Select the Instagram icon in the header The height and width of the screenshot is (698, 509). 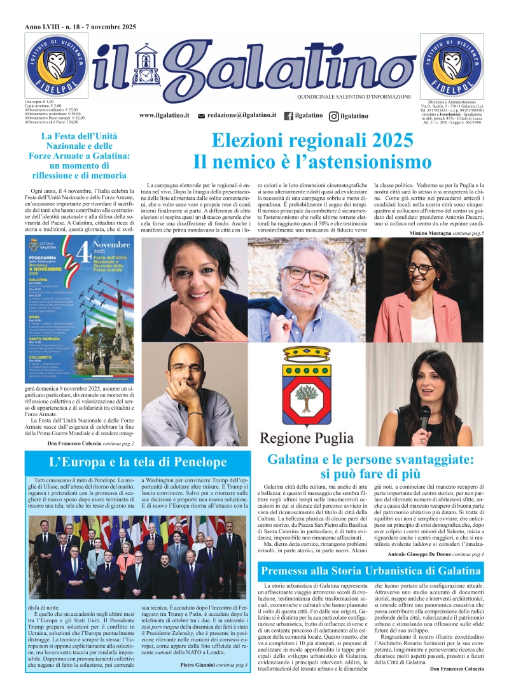point(334,116)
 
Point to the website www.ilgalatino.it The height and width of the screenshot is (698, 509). point(165,115)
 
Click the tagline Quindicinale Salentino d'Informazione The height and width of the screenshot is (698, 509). point(354,97)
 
